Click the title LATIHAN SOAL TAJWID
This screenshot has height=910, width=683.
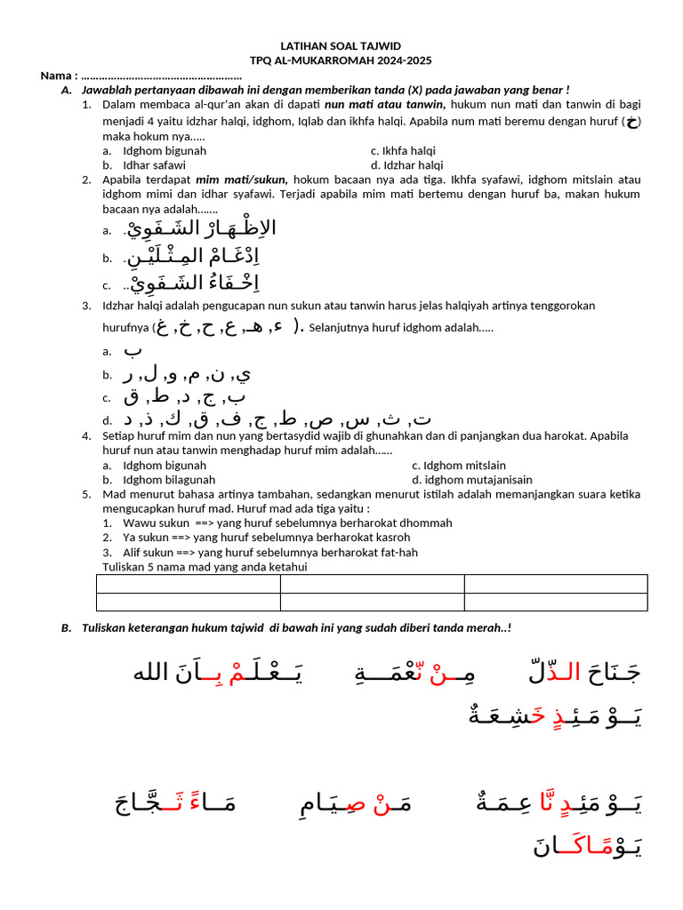click(x=341, y=45)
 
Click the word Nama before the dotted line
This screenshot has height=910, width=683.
click(x=57, y=76)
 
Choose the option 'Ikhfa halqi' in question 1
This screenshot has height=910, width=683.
click(x=403, y=151)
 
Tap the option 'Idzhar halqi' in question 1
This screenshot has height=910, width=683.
click(x=406, y=165)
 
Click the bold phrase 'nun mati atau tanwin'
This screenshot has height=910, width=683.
click(x=384, y=105)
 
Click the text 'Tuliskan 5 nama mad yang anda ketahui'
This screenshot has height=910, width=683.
click(x=205, y=567)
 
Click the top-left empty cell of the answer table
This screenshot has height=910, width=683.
click(x=188, y=584)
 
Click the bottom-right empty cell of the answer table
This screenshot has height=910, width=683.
click(x=555, y=602)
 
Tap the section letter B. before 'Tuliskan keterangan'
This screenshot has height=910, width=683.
click(x=67, y=628)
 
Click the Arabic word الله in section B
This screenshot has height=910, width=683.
click(x=150, y=673)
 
